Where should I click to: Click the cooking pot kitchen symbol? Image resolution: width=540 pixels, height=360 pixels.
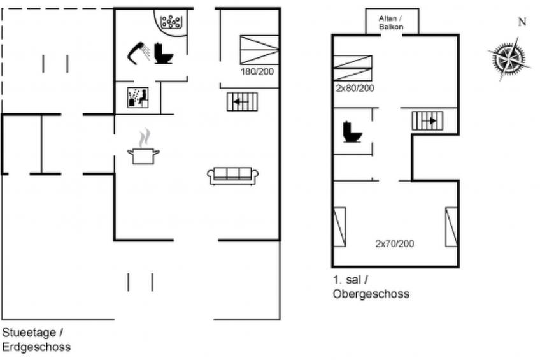coord(144,147)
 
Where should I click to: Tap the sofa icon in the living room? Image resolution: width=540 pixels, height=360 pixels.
coord(233,176)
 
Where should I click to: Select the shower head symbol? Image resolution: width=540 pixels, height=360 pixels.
coord(139,53)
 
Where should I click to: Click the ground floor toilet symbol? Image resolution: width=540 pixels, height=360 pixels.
coord(163,54)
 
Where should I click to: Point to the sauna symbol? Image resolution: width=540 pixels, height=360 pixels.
coord(138,97)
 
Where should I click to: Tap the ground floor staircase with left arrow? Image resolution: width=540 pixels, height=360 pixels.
coord(242,101)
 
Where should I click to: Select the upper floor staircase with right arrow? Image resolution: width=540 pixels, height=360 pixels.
coord(427,121)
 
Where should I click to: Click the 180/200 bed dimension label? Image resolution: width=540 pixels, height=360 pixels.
coord(257,71)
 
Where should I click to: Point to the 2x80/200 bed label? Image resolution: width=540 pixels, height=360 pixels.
coord(355,88)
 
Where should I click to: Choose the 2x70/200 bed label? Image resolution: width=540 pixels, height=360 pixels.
coord(395,243)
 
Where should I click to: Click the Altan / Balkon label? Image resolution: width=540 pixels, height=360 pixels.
coord(391,22)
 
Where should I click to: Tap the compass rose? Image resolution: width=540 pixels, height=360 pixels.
coord(509,59)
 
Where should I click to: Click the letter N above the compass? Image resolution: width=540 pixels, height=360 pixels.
coord(522,22)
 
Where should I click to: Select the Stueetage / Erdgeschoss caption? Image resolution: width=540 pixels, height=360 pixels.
coord(36,340)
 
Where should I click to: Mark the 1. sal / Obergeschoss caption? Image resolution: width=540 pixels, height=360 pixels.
coord(371,287)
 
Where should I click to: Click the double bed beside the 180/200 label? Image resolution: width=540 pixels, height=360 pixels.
coord(259,50)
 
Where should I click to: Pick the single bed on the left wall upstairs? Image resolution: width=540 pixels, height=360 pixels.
coord(339,227)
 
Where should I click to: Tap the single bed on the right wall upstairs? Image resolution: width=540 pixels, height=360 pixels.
coord(451,227)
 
